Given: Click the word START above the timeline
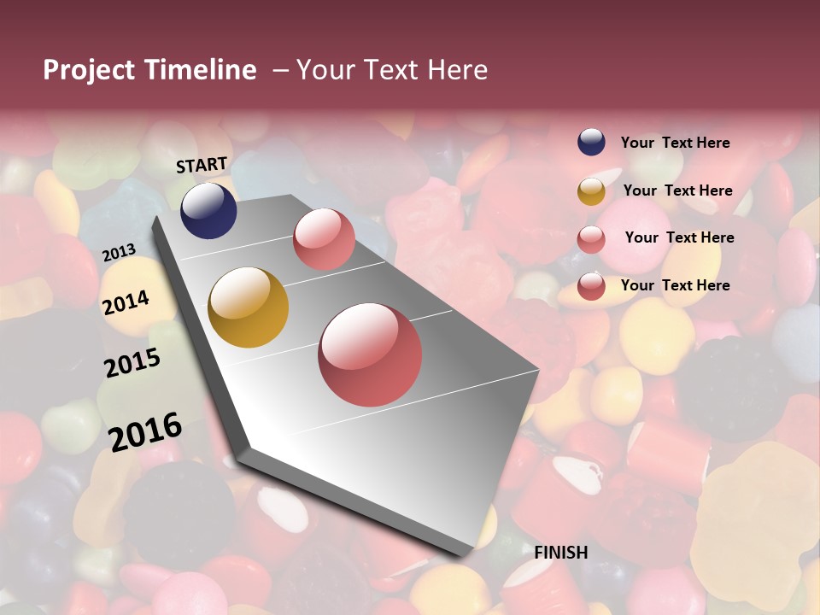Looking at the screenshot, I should point(202,165).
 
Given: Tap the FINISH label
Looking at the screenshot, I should point(561,553).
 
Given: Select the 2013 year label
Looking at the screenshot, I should point(119,253).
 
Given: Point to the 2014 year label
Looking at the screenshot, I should point(126,302).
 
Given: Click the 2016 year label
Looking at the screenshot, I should point(145,431).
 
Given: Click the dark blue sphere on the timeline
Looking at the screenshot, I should point(208,210).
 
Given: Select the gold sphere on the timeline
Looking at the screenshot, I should point(249,307).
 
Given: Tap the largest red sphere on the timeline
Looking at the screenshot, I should point(370,354).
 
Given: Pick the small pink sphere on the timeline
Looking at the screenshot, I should point(324,239).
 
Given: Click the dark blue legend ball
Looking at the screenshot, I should point(591,143).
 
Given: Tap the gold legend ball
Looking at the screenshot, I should point(591,191).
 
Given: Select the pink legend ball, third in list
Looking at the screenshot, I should point(591,239).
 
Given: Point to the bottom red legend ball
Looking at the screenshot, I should point(591,286).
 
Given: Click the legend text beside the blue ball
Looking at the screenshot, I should point(675,143).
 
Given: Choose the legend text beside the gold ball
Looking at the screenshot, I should point(677,190).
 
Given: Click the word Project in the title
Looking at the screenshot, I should point(89,70).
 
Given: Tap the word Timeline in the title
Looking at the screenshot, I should point(200,70).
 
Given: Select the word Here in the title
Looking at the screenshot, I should point(457,70).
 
